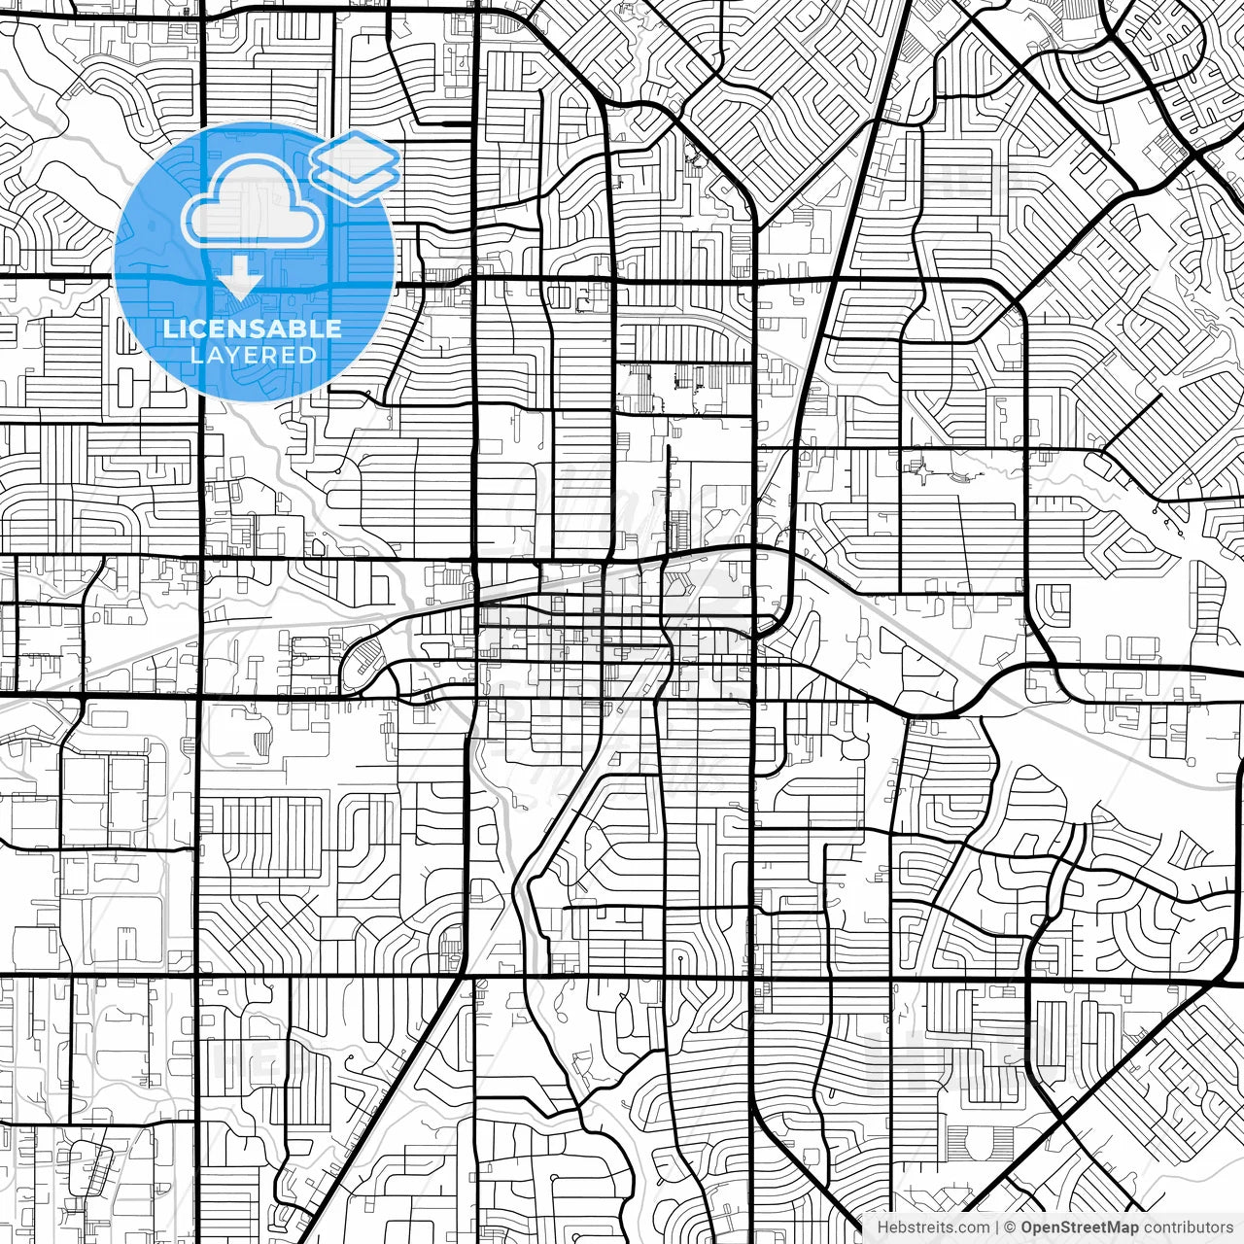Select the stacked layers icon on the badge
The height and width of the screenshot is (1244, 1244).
tap(355, 167)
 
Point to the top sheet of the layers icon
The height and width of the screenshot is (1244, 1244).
tap(355, 154)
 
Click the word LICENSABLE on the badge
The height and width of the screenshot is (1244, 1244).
tap(252, 328)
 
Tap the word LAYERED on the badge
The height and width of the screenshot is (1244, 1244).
tap(253, 356)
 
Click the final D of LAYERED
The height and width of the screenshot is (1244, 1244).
tap(308, 356)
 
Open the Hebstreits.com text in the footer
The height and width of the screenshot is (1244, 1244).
tap(933, 1227)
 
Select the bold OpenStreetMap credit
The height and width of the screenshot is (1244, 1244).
tap(1080, 1227)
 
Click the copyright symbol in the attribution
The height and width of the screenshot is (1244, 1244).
tap(1010, 1227)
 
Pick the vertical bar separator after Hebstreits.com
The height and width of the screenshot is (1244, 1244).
tap(996, 1227)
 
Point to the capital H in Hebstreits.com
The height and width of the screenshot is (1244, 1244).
tap(882, 1227)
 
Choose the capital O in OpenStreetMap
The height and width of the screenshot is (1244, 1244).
tap(1027, 1227)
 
